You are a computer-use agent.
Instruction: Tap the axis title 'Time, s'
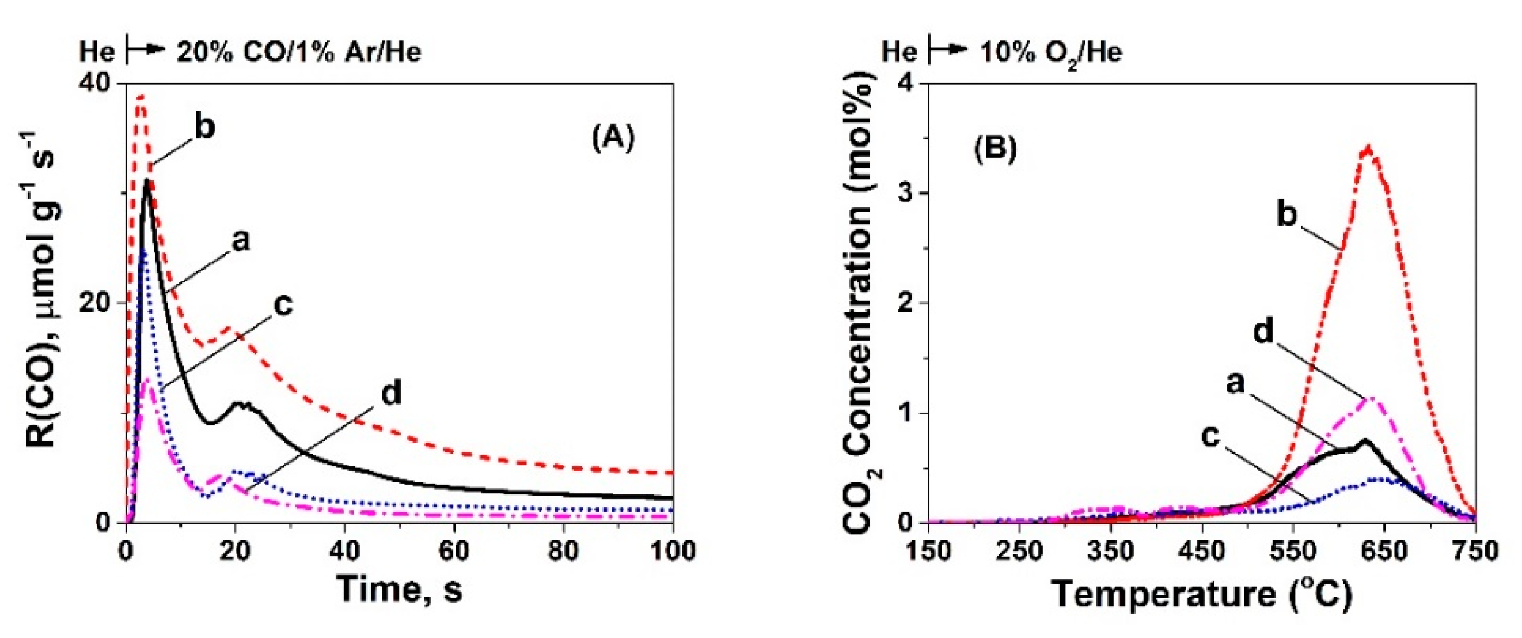[400, 590]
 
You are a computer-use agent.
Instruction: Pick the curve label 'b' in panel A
[204, 128]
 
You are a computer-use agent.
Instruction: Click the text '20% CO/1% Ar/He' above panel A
[298, 52]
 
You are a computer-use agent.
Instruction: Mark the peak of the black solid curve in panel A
[146, 181]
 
